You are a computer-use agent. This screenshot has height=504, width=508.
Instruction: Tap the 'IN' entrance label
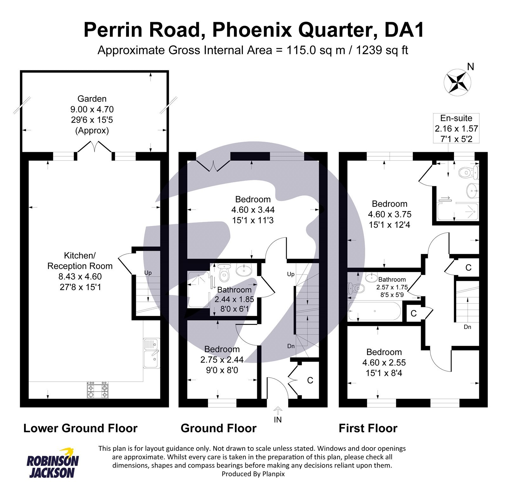click(278, 420)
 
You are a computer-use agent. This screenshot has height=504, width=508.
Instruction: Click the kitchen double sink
click(151, 353)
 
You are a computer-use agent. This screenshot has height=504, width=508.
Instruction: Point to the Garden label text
click(92, 99)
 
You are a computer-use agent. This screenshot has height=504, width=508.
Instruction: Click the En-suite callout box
click(456, 128)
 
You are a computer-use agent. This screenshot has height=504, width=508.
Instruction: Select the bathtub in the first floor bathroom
click(375, 311)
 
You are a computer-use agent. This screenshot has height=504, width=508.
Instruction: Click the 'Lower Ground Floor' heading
click(80, 428)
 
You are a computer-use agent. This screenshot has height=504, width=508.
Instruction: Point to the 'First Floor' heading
click(368, 428)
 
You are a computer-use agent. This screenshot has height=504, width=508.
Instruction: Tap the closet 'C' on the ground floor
click(310, 380)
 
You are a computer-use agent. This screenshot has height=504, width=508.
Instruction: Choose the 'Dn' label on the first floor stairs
click(467, 327)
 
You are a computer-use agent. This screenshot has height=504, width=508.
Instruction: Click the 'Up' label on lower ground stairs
click(148, 273)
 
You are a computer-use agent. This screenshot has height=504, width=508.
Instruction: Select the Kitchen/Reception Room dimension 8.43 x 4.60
click(80, 276)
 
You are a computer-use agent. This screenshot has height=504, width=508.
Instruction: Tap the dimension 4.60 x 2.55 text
click(384, 363)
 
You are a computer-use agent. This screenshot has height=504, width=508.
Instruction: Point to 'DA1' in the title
click(404, 30)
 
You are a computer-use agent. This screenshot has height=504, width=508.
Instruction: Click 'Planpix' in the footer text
click(273, 474)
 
